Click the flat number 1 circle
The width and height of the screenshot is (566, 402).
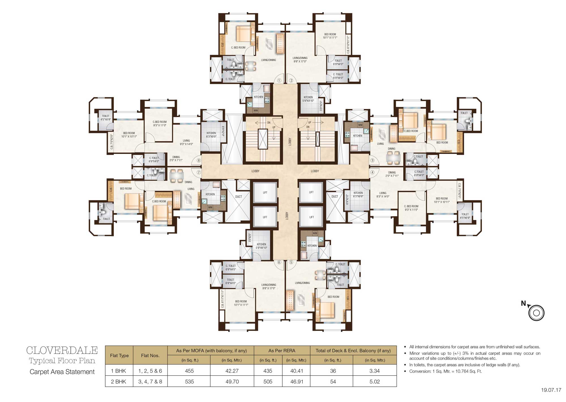(279, 81)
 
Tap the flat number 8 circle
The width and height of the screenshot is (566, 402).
(199, 160)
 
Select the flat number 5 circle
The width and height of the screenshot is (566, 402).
(291, 262)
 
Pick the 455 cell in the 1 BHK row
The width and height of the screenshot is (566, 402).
(189, 371)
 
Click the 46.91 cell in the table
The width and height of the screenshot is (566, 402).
(297, 382)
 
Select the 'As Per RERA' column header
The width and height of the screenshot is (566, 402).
(282, 351)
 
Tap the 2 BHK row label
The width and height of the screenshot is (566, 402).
(119, 382)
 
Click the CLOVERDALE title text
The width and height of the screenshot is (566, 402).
(62, 350)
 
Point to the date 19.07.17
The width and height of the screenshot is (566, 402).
(551, 390)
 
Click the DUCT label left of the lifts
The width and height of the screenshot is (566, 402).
(239, 196)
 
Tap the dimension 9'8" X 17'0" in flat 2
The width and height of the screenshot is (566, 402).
(300, 62)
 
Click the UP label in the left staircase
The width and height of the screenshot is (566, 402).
(274, 128)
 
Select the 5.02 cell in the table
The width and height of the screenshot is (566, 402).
(374, 382)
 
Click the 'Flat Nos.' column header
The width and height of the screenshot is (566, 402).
(150, 356)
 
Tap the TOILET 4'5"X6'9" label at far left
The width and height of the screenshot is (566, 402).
(106, 118)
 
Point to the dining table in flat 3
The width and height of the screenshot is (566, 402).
(393, 158)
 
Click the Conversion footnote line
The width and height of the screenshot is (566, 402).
(445, 371)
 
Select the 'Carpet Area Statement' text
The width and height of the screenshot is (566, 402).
(62, 372)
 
